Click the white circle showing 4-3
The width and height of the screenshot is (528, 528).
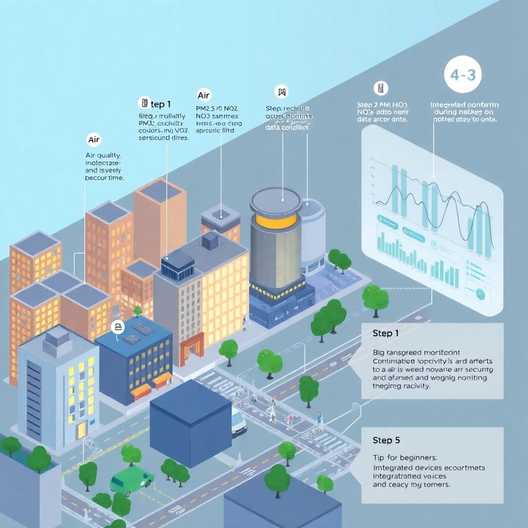(x=463, y=75)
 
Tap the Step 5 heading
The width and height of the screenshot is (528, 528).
(x=386, y=440)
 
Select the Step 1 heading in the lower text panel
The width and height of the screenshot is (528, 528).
(x=386, y=334)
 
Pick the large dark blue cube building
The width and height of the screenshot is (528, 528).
(x=191, y=422)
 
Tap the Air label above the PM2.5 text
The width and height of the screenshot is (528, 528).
(x=204, y=95)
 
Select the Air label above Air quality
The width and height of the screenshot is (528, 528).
(x=93, y=140)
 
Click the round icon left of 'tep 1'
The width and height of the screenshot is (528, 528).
(x=144, y=103)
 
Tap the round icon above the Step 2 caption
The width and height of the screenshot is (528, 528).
(x=381, y=88)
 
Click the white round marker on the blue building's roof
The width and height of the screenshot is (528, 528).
(x=118, y=327)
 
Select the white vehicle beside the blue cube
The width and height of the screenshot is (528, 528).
(x=238, y=421)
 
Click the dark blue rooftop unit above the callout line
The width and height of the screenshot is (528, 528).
(x=178, y=267)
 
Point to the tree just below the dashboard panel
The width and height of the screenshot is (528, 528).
(x=375, y=299)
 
